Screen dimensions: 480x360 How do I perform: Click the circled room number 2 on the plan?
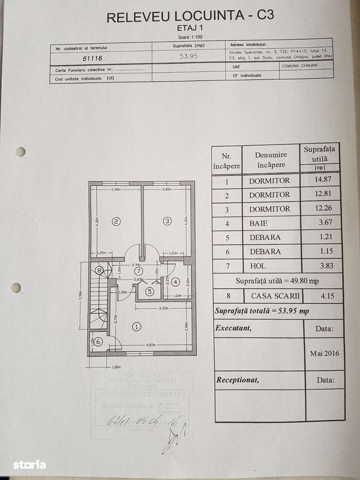[x=116, y=221]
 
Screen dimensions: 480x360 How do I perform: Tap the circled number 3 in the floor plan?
[x=167, y=221]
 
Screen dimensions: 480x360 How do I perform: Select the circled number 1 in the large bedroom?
[x=136, y=327]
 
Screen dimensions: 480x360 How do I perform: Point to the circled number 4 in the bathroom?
[x=175, y=282]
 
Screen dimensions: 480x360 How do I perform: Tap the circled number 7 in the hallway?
[x=138, y=271]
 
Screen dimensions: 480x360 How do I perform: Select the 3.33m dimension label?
[x=164, y=308]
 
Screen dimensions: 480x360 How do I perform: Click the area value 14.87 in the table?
[x=321, y=180]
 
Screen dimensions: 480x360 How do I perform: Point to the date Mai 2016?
[x=324, y=353]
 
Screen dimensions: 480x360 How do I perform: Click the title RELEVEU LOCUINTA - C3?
[x=190, y=16]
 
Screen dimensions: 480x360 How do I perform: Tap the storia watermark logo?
[x=29, y=465]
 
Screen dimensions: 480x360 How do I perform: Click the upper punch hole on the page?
[x=20, y=151]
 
